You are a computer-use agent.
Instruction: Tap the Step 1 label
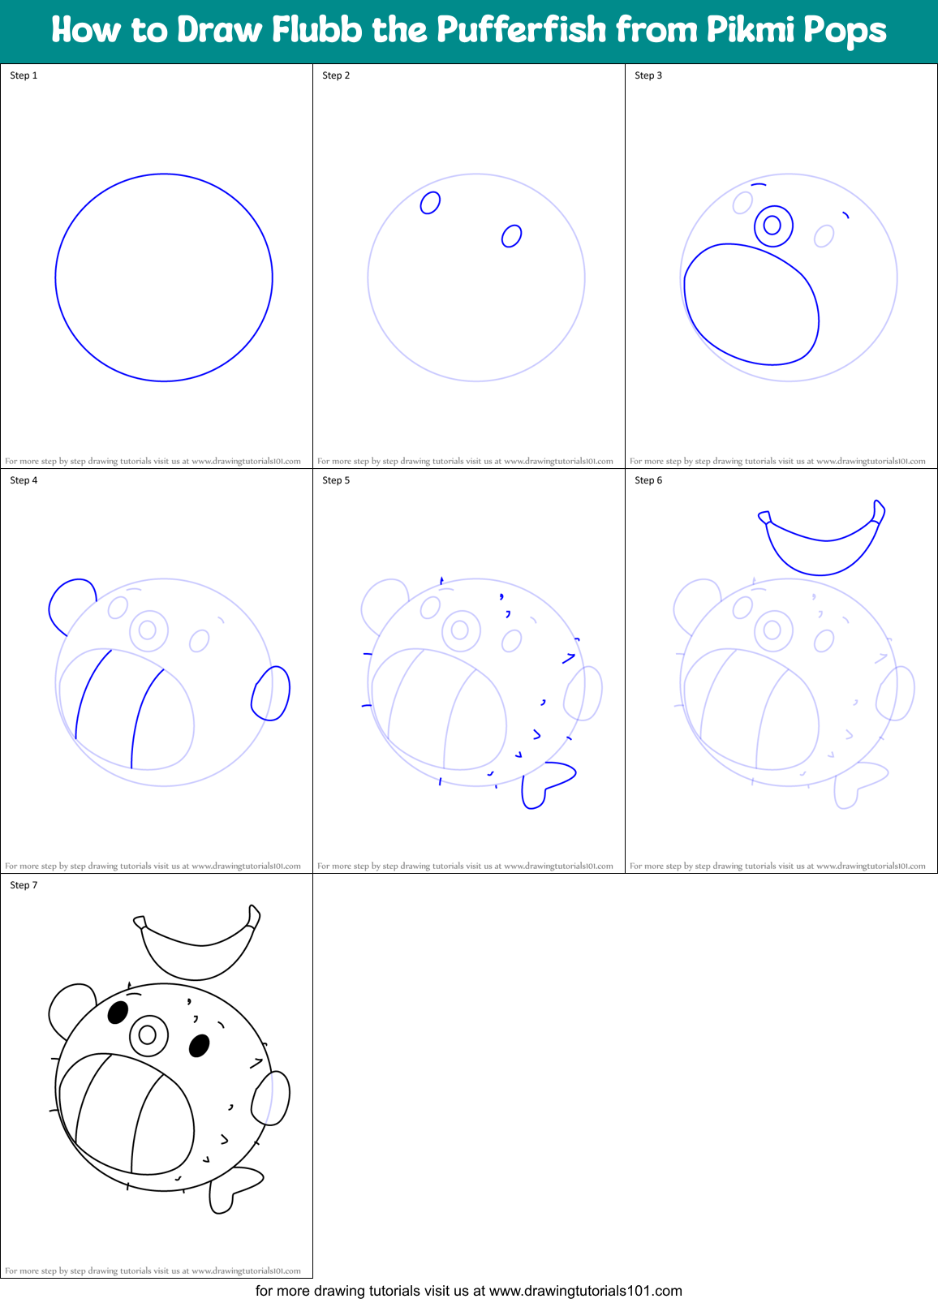[24, 75]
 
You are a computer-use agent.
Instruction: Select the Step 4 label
[24, 480]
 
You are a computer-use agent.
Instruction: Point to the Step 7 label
[24, 885]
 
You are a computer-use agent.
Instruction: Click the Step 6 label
[648, 480]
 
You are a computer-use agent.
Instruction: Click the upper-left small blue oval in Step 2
[430, 202]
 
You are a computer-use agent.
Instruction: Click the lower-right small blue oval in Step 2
[511, 236]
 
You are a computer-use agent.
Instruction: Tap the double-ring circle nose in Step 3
[772, 225]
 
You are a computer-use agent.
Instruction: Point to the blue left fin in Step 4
[68, 602]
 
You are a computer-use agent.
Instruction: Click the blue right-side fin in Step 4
[271, 694]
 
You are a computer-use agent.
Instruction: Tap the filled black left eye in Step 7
[118, 1013]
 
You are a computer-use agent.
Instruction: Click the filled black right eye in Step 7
[199, 1046]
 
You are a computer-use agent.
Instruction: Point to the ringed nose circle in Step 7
[148, 1034]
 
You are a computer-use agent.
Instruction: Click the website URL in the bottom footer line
[586, 1291]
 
